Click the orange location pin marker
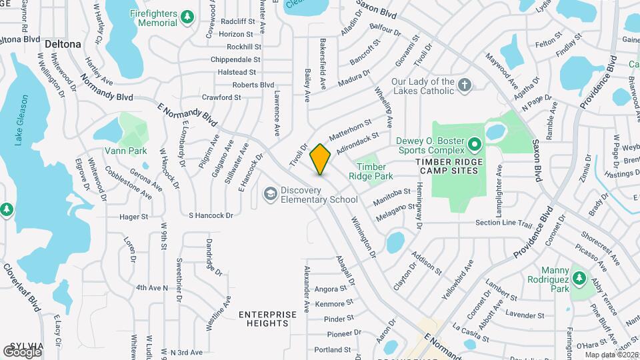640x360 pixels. (x=320, y=159)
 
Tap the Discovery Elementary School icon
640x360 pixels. (x=270, y=194)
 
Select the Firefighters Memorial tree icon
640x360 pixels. (x=189, y=15)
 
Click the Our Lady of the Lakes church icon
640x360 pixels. (x=465, y=84)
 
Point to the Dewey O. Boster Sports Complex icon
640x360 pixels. (x=475, y=143)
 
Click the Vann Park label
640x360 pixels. (x=125, y=151)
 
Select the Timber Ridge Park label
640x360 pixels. (x=371, y=171)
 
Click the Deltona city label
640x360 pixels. (x=63, y=44)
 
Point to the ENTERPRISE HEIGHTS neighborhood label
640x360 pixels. (x=268, y=319)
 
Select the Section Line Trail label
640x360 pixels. (x=504, y=223)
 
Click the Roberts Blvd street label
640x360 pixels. (x=253, y=85)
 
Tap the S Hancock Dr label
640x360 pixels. (x=211, y=215)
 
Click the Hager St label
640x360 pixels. (x=133, y=217)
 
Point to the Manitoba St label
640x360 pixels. (x=392, y=193)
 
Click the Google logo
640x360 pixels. (x=22, y=352)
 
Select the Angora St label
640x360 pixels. (x=331, y=289)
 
